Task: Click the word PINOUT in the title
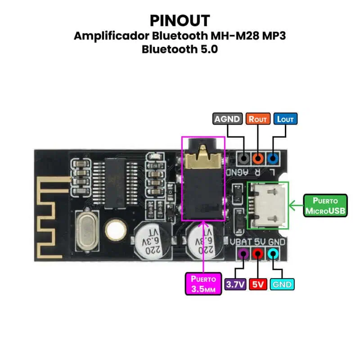(x=180, y=20)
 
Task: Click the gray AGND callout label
(x=227, y=119)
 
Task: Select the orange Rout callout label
(x=258, y=119)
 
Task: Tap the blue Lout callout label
(x=285, y=119)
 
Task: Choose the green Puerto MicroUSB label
(x=325, y=206)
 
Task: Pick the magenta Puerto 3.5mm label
(x=204, y=283)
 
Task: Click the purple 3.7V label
(x=235, y=284)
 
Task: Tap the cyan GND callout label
(x=282, y=284)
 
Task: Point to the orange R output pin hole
(x=258, y=158)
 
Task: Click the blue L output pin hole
(x=272, y=158)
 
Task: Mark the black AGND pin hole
(x=243, y=158)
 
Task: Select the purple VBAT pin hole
(x=243, y=254)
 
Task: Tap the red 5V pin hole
(x=258, y=254)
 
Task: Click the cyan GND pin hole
(x=273, y=254)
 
